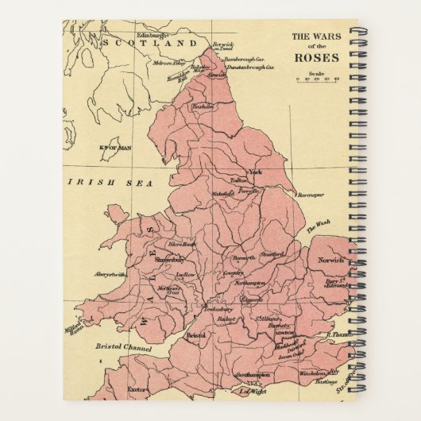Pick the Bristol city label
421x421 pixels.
196,336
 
